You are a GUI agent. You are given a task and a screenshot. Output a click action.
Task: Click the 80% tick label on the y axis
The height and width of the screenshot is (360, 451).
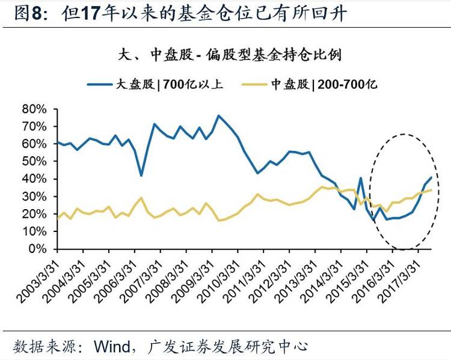(x=34, y=109)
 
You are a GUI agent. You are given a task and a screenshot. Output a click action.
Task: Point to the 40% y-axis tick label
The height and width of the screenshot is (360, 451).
(x=34, y=179)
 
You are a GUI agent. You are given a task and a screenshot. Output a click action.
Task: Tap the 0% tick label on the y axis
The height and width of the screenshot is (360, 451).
(x=37, y=249)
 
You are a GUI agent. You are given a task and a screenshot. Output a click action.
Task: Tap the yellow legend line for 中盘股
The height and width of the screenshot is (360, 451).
(x=256, y=85)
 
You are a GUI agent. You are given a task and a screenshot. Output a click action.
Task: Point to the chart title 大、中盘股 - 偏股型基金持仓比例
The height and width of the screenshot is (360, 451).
(x=230, y=56)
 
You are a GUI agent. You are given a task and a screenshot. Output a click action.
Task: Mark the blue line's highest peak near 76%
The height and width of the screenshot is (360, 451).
(x=218, y=115)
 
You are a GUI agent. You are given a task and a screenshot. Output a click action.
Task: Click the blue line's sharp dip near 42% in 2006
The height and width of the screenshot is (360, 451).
(x=141, y=175)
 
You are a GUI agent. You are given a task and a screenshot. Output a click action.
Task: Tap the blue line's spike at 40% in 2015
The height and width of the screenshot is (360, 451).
(x=360, y=178)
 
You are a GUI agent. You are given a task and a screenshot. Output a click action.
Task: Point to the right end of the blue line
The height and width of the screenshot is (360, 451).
(x=431, y=177)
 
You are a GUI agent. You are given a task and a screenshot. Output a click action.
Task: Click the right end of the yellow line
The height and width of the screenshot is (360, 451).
(x=431, y=190)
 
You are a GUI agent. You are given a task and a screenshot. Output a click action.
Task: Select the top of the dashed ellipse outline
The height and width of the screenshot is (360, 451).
(x=403, y=135)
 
